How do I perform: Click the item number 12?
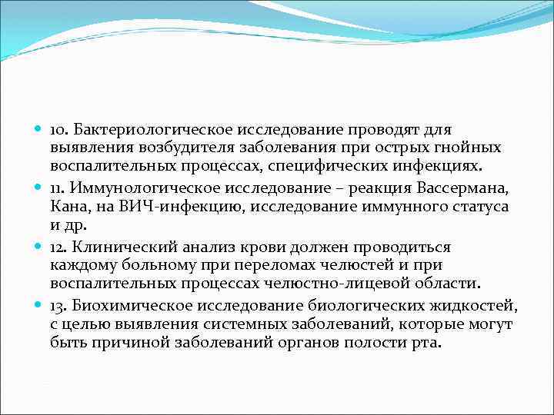pos(59,247)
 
